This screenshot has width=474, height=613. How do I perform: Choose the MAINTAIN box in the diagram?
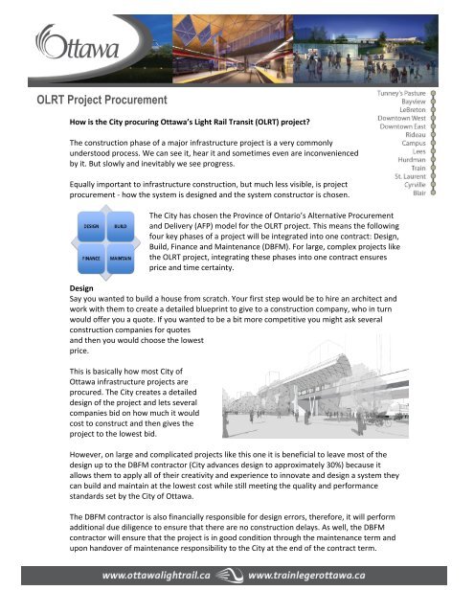coord(122,259)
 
